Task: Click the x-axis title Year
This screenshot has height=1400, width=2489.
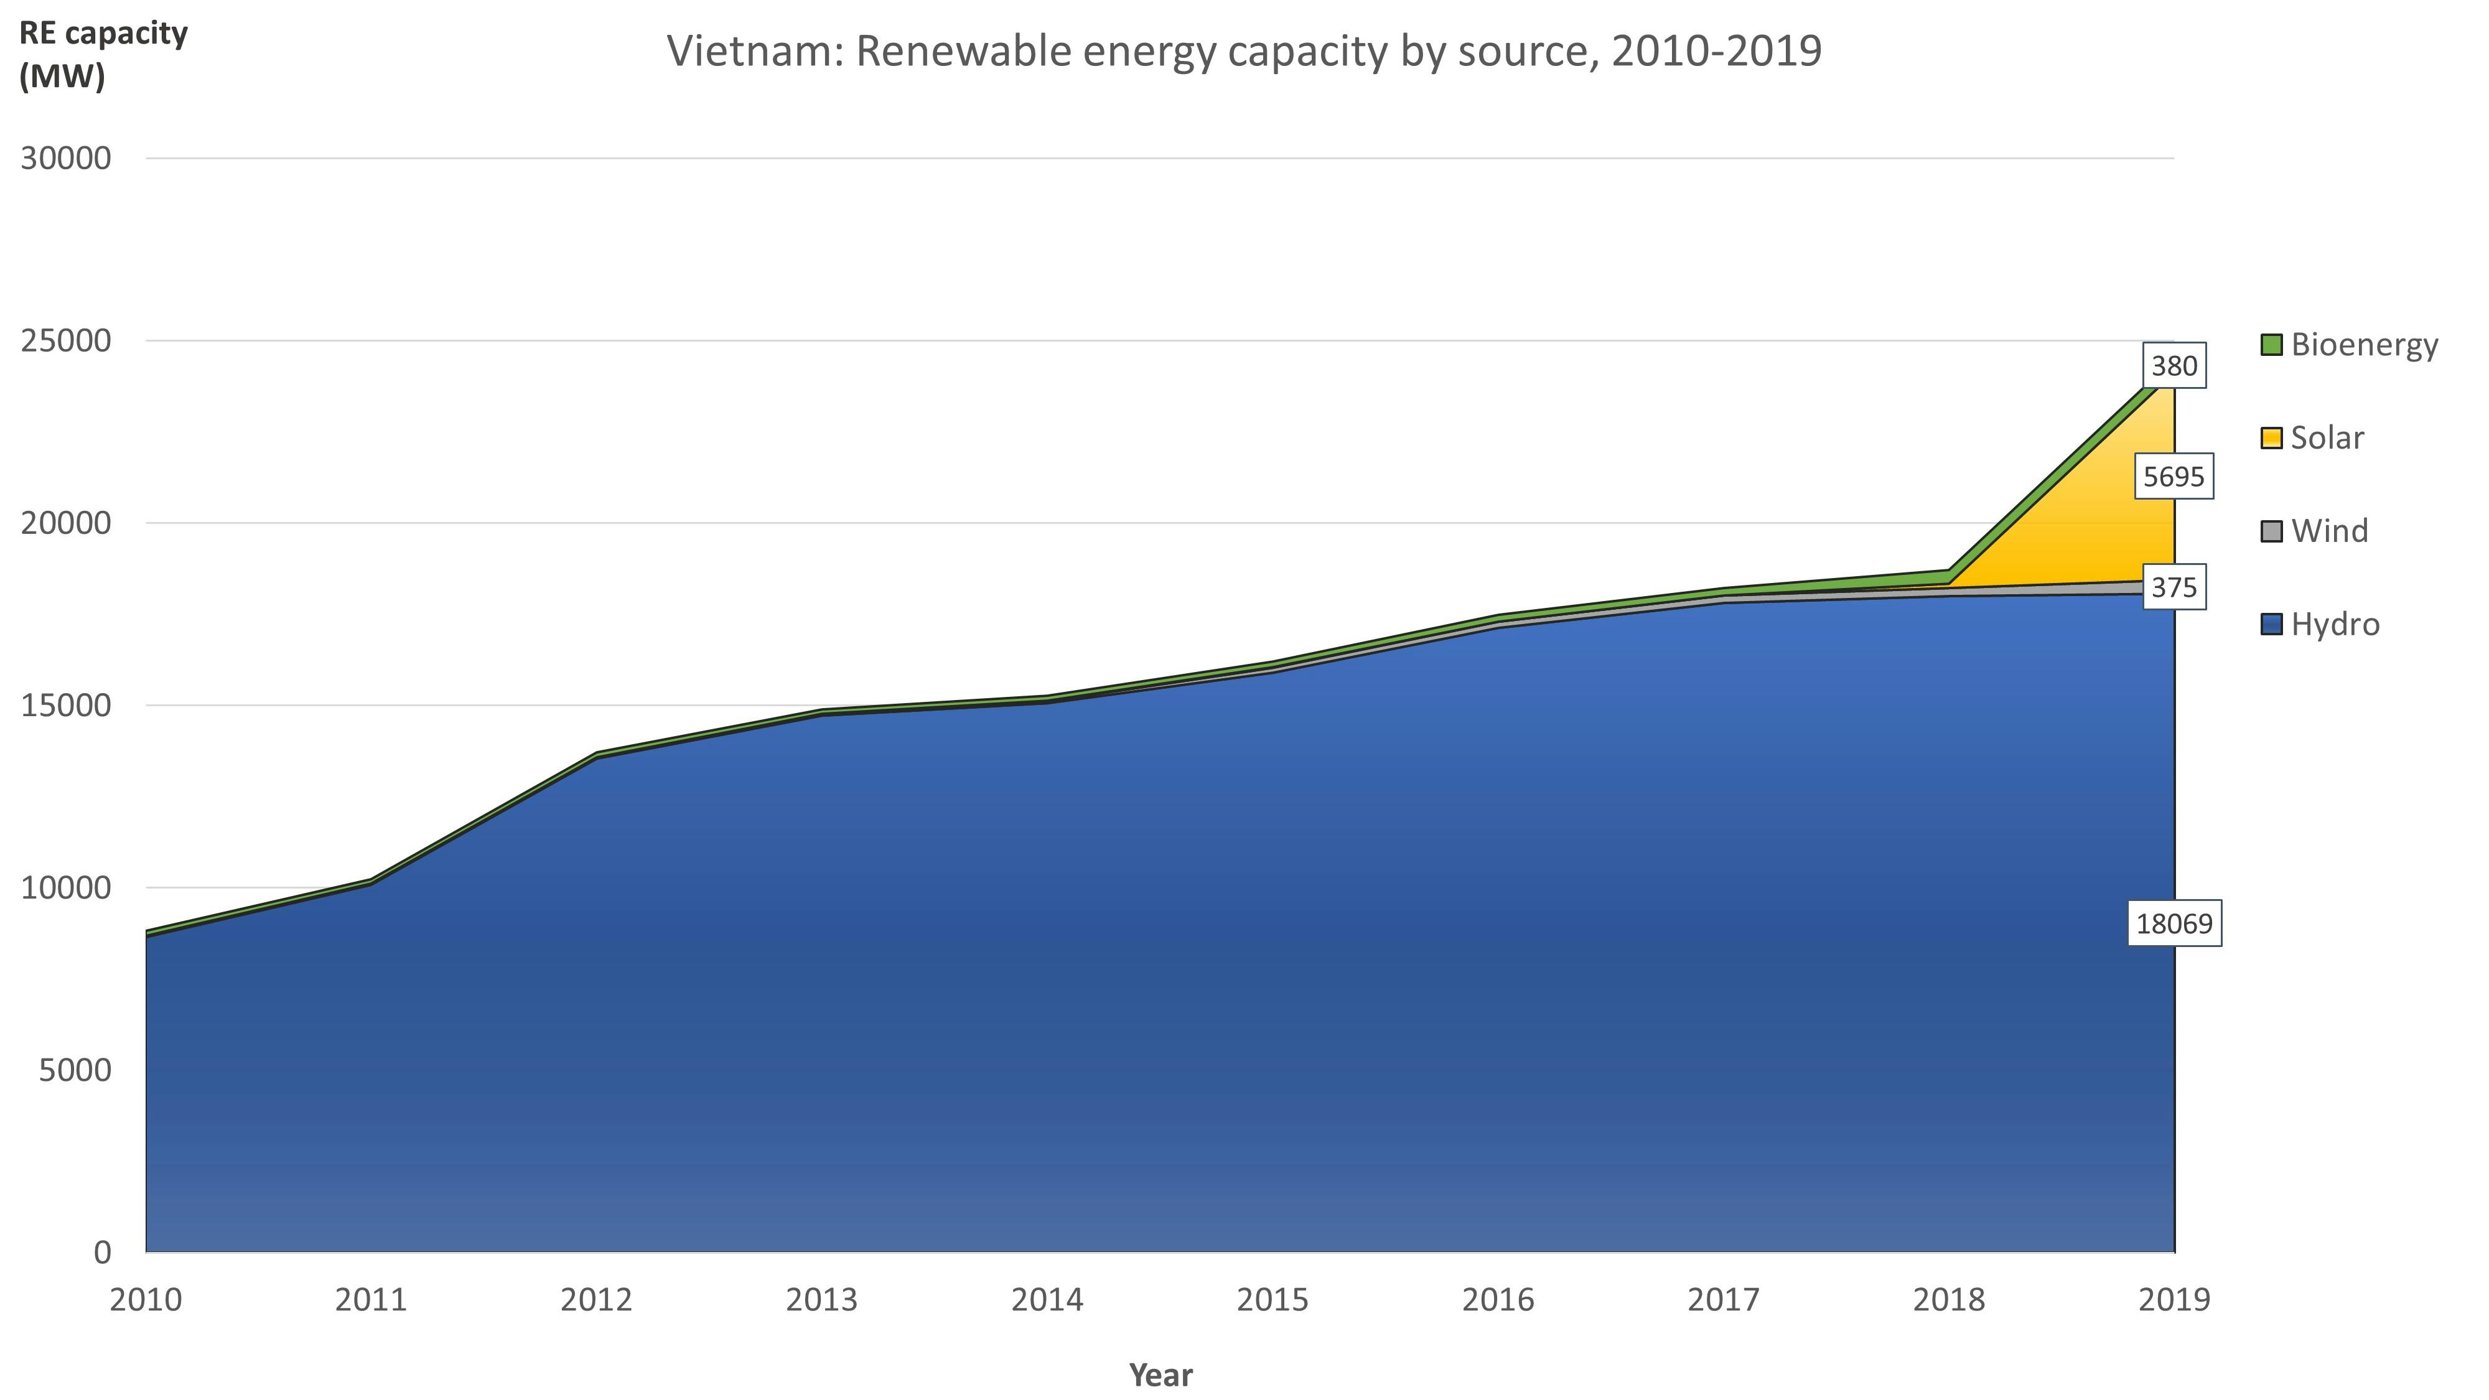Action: tap(1160, 1374)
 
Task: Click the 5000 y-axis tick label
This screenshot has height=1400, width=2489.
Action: tap(75, 1070)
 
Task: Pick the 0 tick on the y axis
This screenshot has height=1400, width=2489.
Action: tap(101, 1252)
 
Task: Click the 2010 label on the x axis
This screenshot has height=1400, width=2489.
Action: tap(146, 1300)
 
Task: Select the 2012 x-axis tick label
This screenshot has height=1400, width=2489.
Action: tap(596, 1300)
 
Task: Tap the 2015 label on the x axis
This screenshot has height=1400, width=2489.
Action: tap(1273, 1300)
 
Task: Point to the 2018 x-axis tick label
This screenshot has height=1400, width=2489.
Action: tap(1949, 1300)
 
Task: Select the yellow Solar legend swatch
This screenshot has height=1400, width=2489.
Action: tap(2272, 437)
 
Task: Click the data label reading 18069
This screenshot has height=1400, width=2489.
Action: tap(2174, 923)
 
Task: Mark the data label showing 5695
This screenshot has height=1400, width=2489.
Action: tap(2174, 477)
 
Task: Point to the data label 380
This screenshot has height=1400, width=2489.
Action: tap(2174, 365)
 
